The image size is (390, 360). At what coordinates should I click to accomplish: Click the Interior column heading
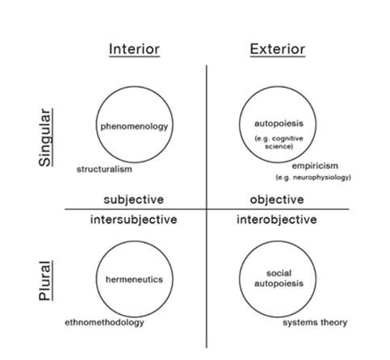click(134, 49)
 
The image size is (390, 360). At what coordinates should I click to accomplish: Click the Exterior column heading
click(278, 49)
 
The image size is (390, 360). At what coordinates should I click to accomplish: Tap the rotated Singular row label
click(45, 137)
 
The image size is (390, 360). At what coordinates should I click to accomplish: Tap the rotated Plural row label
click(45, 281)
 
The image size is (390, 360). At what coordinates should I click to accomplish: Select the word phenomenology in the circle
click(134, 127)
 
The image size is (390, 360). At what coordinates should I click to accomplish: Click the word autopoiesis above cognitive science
click(279, 123)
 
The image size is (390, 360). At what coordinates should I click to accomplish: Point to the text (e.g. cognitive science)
click(279, 142)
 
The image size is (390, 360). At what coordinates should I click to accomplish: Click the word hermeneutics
click(134, 279)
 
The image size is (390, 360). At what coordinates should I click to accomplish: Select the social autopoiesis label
click(279, 278)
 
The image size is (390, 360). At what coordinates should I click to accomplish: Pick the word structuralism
click(104, 170)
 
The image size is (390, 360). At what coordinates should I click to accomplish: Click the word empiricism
click(315, 165)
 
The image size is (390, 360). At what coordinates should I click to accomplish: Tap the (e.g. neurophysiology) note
click(313, 178)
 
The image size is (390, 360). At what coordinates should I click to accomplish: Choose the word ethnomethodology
click(104, 322)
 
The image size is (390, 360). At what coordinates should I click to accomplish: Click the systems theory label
click(315, 322)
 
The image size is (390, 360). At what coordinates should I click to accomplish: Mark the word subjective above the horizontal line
click(134, 200)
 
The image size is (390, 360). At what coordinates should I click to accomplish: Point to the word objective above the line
click(277, 200)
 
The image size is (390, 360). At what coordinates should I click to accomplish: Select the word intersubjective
click(134, 220)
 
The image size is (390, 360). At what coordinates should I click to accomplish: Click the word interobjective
click(277, 220)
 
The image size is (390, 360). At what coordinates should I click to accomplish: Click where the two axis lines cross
click(207, 209)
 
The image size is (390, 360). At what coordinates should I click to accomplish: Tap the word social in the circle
click(279, 274)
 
